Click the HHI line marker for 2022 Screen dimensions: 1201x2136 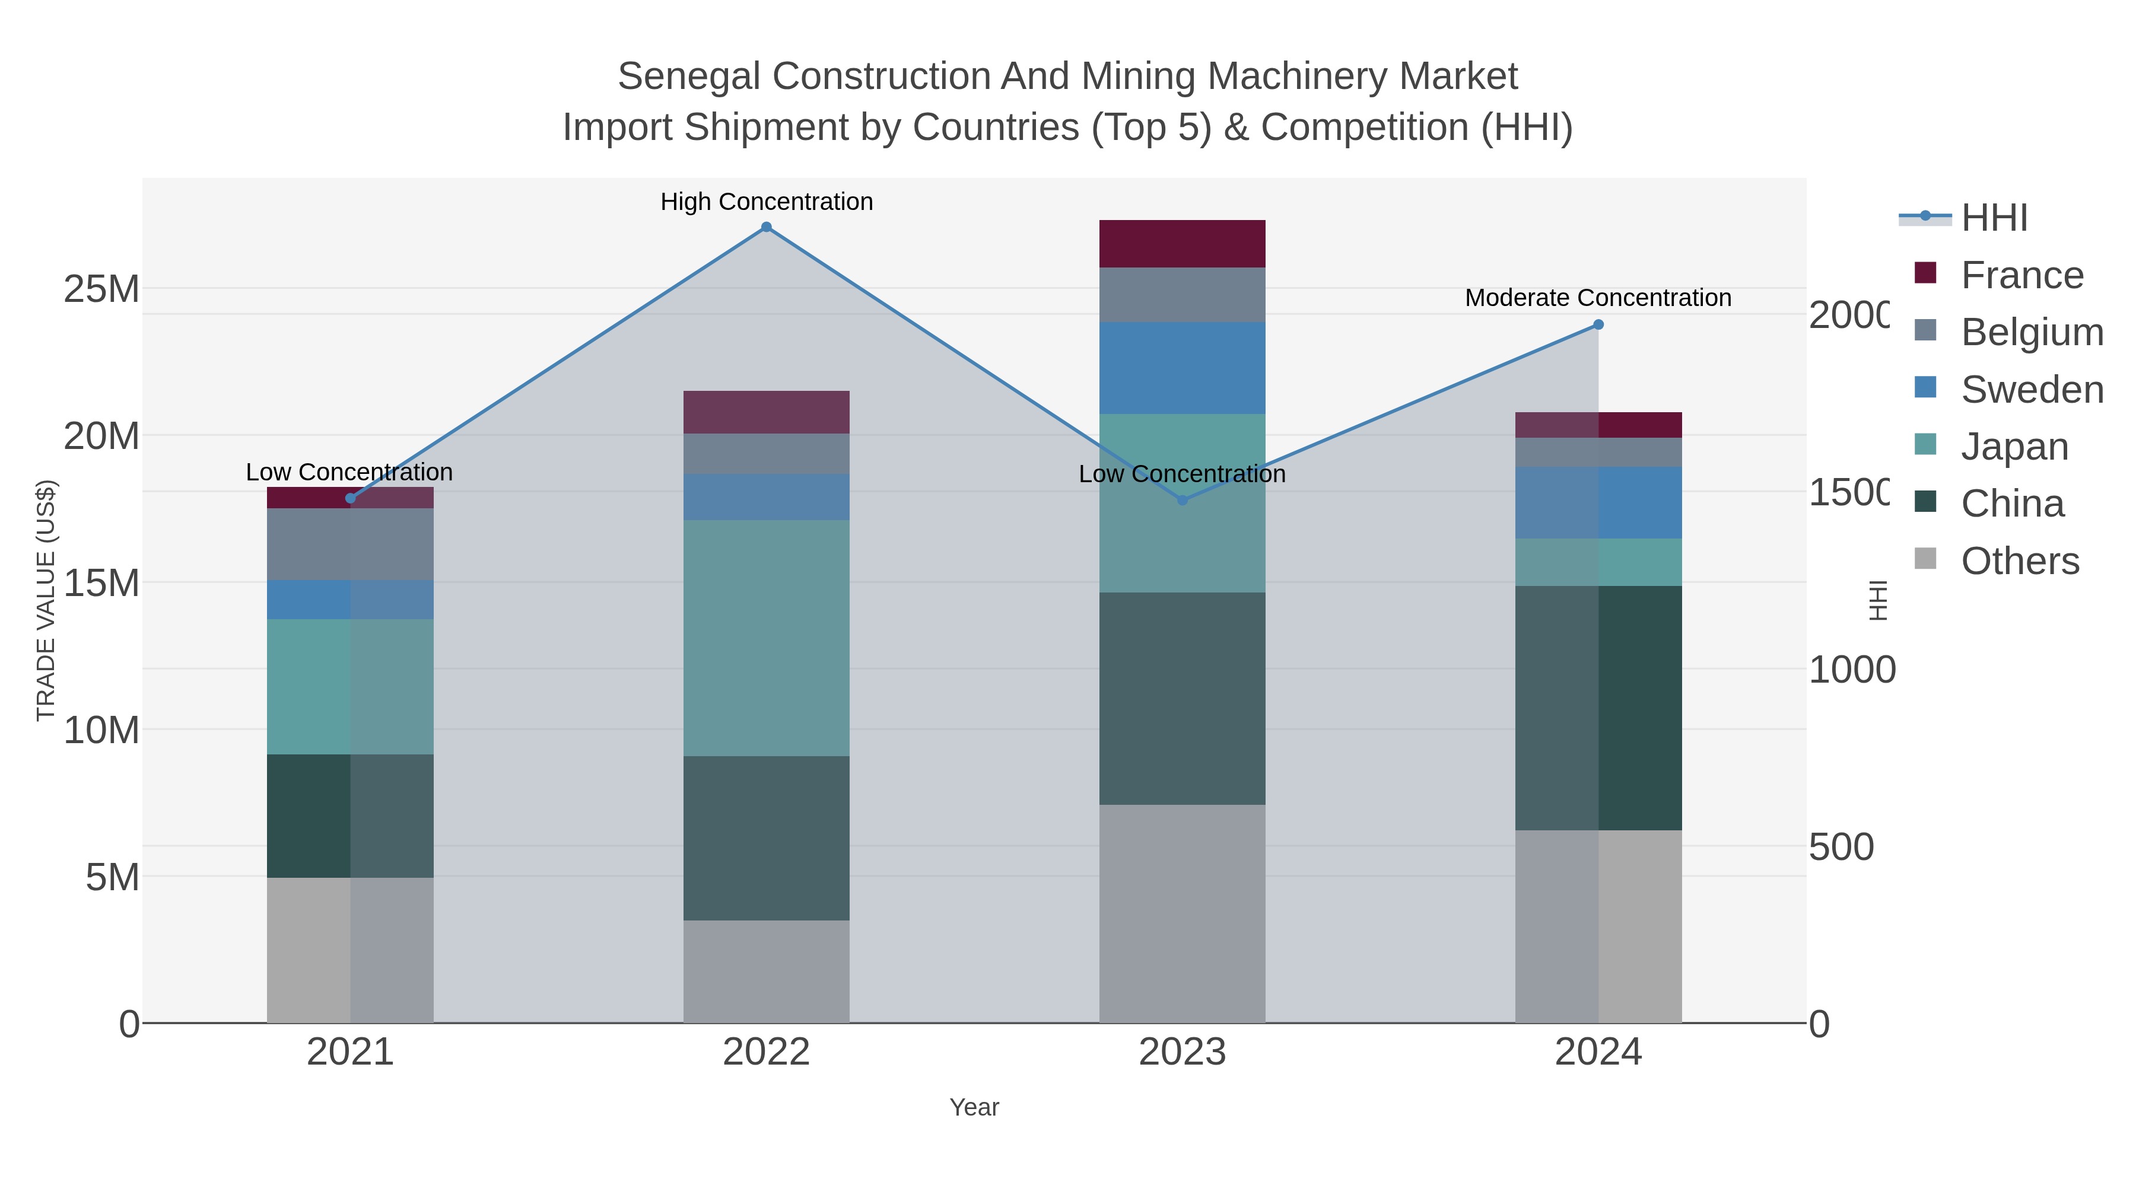point(766,227)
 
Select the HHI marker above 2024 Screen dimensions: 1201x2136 point(1598,325)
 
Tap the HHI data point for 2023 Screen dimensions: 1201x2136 point(1183,501)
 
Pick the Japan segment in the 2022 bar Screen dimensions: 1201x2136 point(766,638)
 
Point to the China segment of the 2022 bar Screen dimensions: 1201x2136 point(766,838)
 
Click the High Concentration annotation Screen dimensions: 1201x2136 point(766,202)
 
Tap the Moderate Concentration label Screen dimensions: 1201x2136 point(1598,298)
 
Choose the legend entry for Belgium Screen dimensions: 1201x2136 point(2032,332)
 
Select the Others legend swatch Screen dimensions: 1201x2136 point(1925,559)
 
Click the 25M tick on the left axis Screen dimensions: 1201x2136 point(101,290)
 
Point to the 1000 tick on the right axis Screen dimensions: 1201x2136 point(1851,670)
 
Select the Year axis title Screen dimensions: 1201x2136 point(974,1107)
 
